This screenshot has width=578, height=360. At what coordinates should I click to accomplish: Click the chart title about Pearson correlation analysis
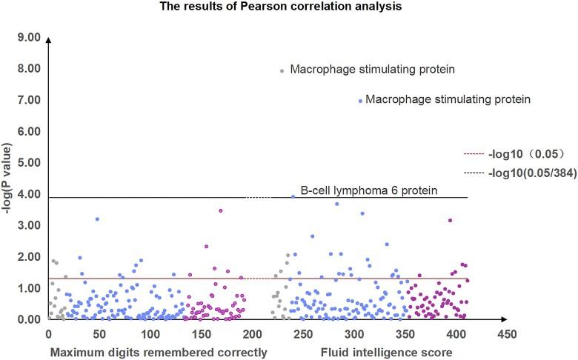(289, 7)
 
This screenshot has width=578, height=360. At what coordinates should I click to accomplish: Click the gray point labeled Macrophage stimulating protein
(282, 71)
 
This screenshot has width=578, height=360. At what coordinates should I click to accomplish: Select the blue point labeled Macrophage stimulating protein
(361, 101)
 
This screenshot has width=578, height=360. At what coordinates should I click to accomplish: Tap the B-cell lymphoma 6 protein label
(368, 190)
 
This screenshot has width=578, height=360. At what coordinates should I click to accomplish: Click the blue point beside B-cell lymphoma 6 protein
(293, 196)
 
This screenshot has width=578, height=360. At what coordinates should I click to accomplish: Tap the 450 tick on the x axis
(507, 334)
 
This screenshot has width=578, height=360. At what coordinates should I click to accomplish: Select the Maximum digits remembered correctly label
(158, 352)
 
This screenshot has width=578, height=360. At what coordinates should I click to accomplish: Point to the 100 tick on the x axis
(150, 334)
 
